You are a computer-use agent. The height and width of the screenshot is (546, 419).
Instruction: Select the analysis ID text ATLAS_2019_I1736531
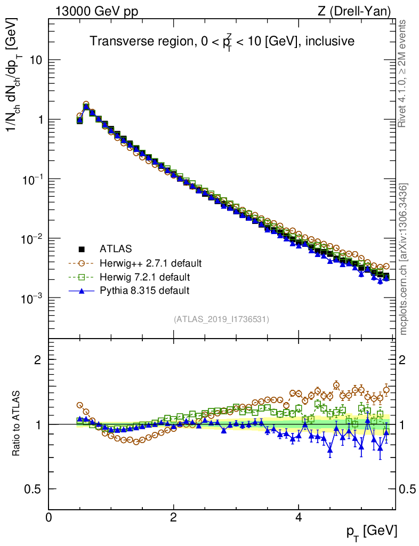tap(221, 319)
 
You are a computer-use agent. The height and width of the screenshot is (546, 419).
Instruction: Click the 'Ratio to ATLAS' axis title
tap(18, 424)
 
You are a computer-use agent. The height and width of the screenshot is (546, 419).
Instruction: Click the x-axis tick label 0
tap(49, 517)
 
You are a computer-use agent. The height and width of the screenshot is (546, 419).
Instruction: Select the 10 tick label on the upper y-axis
tap(36, 60)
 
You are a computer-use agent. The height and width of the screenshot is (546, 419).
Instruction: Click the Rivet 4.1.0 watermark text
tap(403, 74)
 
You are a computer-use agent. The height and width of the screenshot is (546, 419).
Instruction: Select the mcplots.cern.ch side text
tap(404, 259)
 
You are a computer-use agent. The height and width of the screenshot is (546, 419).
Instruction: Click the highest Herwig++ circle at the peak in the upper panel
tap(86, 105)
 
